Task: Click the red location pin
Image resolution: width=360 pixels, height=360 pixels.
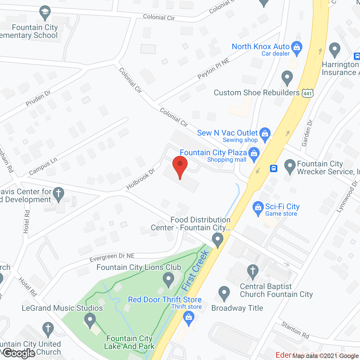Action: pos(180,166)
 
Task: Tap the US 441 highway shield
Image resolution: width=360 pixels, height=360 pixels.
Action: pos(307,93)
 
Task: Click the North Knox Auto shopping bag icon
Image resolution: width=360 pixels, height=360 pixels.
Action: pos(296,48)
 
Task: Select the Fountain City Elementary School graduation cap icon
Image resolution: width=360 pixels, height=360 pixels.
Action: pos(45,13)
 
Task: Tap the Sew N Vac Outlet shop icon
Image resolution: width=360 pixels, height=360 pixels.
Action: pos(265,134)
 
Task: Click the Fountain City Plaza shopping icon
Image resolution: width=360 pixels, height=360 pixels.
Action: pos(254,154)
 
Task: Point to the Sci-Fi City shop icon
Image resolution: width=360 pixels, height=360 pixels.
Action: pos(258,208)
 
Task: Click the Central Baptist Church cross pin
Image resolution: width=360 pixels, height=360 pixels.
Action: pos(253,272)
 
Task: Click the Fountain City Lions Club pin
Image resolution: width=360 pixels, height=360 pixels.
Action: pos(168,280)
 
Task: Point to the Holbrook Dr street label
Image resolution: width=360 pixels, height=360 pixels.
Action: pos(140,179)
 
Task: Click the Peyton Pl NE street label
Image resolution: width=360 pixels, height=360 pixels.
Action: pos(213,69)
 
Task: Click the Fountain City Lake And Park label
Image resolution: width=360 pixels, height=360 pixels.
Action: pos(129,342)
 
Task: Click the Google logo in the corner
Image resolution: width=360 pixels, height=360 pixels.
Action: pos(19,353)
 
